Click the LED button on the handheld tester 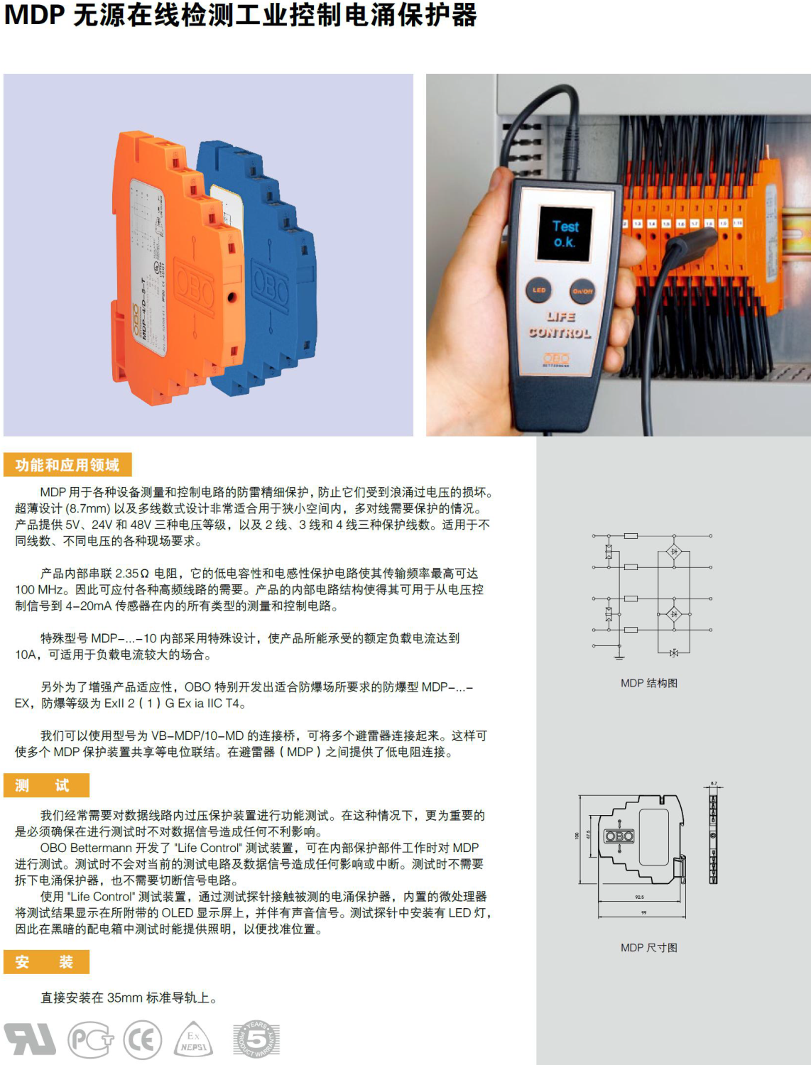(x=539, y=290)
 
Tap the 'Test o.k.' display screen (x=565, y=234)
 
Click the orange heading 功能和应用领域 (x=67, y=465)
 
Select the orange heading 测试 (x=46, y=785)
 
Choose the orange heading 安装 (x=46, y=962)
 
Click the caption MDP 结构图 (x=648, y=683)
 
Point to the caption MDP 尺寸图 (x=648, y=948)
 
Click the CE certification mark (x=143, y=1041)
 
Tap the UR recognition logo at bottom (x=30, y=1039)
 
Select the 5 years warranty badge (x=256, y=1040)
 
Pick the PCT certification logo (x=90, y=1041)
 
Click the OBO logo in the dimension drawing (x=619, y=836)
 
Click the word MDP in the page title (x=35, y=16)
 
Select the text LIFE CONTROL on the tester (x=560, y=325)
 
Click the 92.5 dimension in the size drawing (x=640, y=897)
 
